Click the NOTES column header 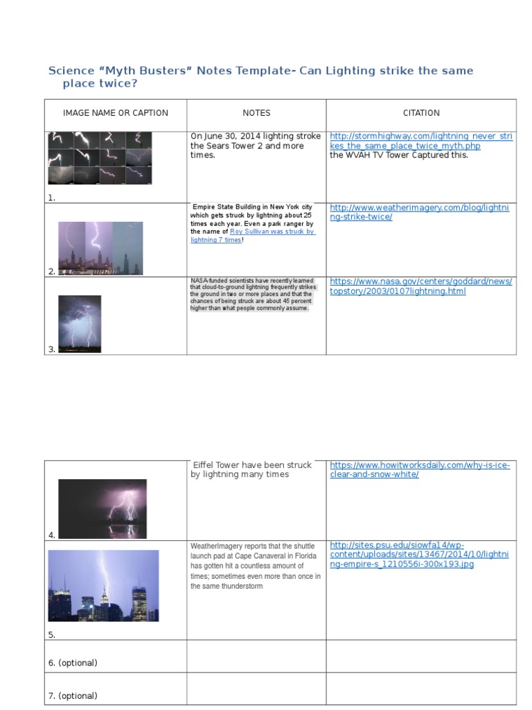[256, 113]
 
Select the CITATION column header [421, 113]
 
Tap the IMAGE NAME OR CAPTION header [116, 113]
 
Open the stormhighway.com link [421, 141]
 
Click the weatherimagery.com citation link [419, 212]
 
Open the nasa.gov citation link [420, 286]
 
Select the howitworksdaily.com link [420, 469]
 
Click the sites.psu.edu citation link [419, 555]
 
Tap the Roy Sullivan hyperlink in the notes [252, 236]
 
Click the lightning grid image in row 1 [100, 158]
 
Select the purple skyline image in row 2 [100, 248]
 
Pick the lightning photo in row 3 [80, 324]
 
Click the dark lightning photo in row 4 [103, 509]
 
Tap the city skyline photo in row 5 [104, 585]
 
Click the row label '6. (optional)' [73, 663]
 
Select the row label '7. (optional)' [73, 695]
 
